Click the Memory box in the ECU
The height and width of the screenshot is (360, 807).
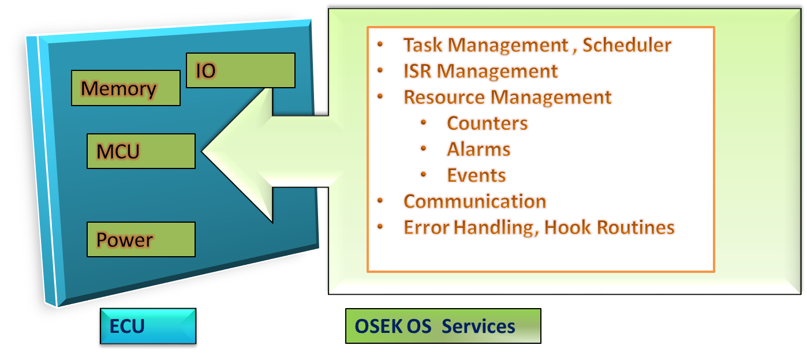coord(125,88)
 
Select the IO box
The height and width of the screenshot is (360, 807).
coord(241,70)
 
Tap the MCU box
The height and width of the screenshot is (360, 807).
coord(141,152)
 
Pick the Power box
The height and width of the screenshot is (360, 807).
coord(141,239)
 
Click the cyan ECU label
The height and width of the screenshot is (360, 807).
coord(148,327)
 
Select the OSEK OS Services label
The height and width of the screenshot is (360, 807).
coord(443,327)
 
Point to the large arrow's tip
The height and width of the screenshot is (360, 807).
coord(204,152)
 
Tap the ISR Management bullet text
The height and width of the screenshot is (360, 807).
coord(480,71)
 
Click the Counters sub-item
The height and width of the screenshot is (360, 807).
coord(487,123)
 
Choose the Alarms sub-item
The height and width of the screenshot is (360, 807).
coord(479,149)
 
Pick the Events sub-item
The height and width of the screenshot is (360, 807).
coord(476,175)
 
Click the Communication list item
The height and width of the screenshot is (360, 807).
coord(475,201)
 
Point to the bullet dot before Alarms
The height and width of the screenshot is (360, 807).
coord(424,148)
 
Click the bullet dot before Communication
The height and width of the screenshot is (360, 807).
coord(380,200)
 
